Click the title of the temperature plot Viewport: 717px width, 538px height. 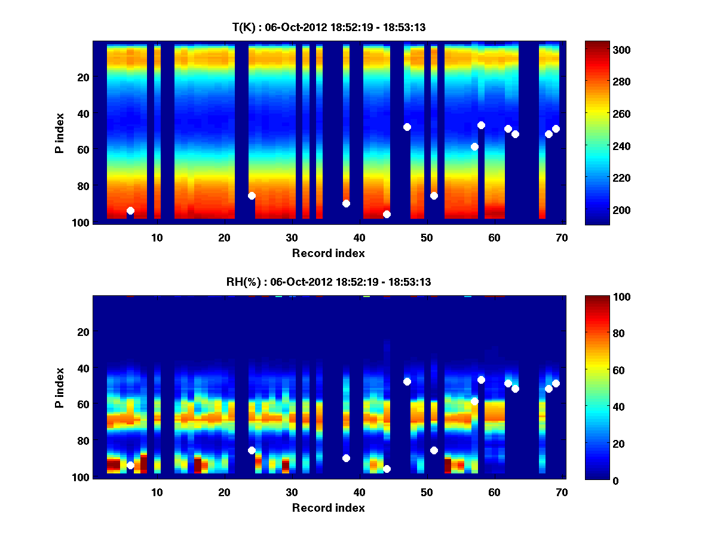[329, 27]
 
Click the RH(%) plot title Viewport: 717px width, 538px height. [329, 282]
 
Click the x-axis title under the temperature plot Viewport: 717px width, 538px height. [329, 253]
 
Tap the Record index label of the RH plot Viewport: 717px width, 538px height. [329, 508]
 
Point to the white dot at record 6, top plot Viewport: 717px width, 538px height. [130, 210]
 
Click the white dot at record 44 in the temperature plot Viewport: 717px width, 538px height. [387, 214]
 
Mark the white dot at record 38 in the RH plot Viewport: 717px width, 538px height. [346, 458]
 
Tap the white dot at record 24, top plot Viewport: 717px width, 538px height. [252, 195]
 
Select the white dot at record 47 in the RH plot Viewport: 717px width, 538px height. [407, 381]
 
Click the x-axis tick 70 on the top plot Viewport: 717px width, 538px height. [562, 237]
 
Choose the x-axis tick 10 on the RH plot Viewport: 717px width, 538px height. [157, 492]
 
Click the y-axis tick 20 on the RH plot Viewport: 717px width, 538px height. [83, 332]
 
